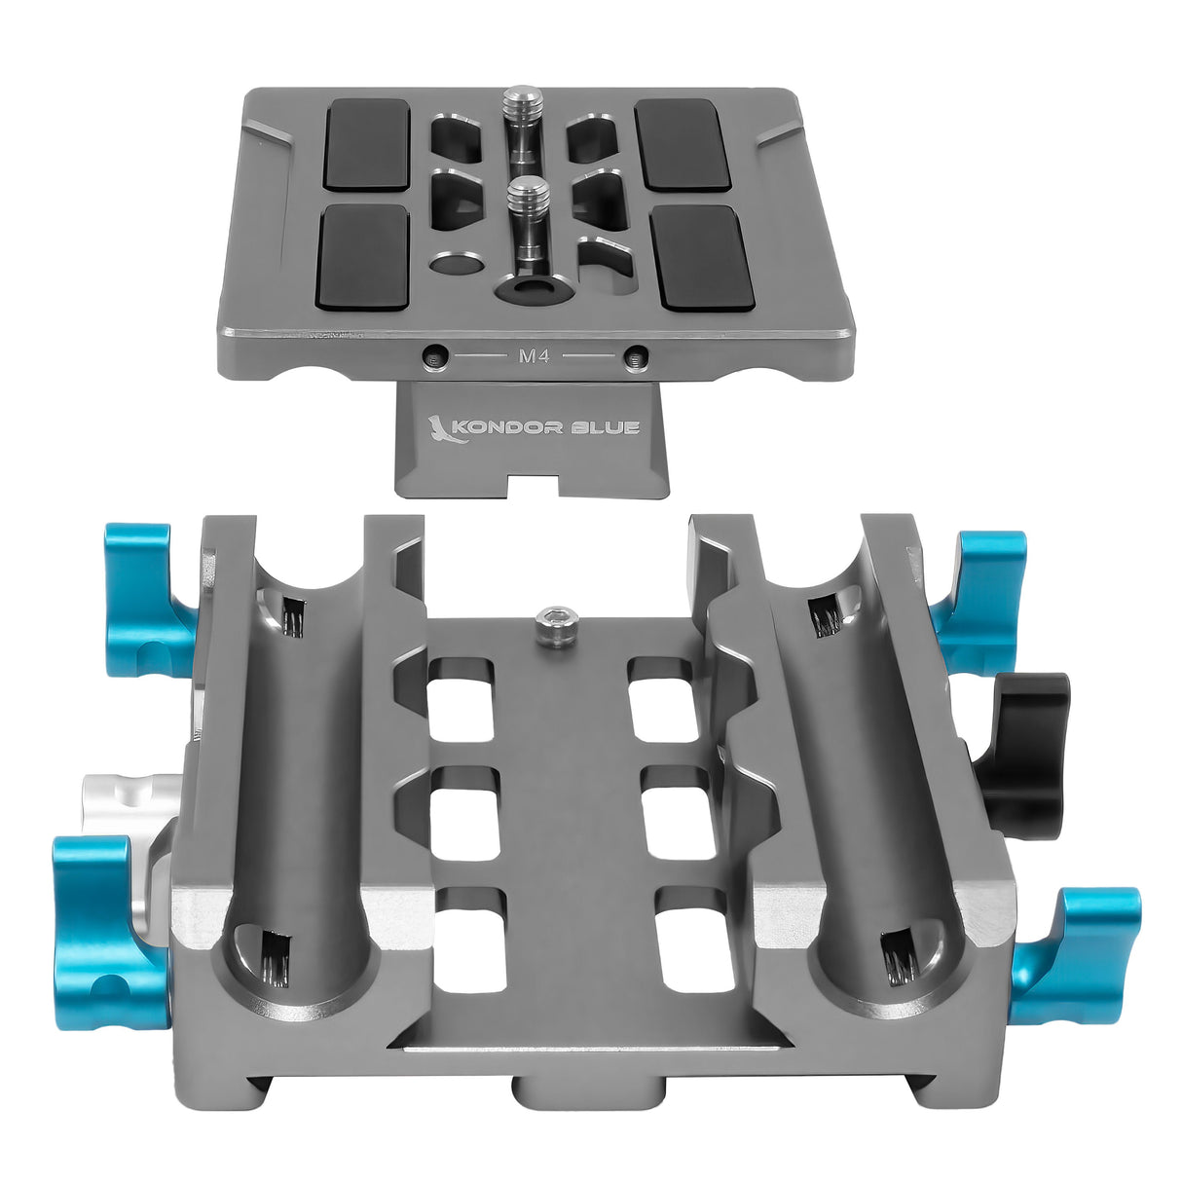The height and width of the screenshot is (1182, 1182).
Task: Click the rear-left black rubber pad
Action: pos(366,144)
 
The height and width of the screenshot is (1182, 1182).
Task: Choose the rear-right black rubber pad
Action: pos(683,143)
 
